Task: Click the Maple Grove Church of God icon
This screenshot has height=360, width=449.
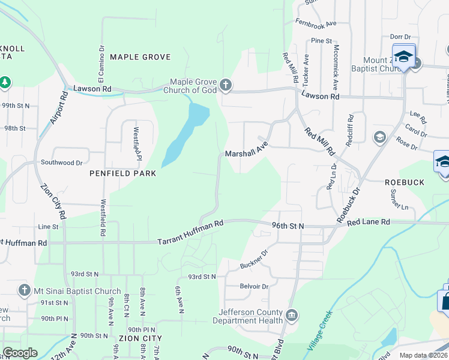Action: click(225, 85)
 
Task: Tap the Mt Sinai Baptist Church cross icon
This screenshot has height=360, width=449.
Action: click(24, 290)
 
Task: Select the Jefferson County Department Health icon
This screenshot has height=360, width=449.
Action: click(291, 315)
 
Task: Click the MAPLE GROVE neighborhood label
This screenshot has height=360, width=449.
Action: click(140, 57)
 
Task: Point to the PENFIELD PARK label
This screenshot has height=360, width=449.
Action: click(122, 173)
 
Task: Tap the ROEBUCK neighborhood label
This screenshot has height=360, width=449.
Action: click(404, 182)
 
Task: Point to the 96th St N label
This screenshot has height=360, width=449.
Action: click(288, 226)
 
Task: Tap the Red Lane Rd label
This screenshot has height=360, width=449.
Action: click(368, 222)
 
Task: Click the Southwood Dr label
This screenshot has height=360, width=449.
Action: click(61, 163)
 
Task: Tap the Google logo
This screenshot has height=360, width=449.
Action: click(20, 353)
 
